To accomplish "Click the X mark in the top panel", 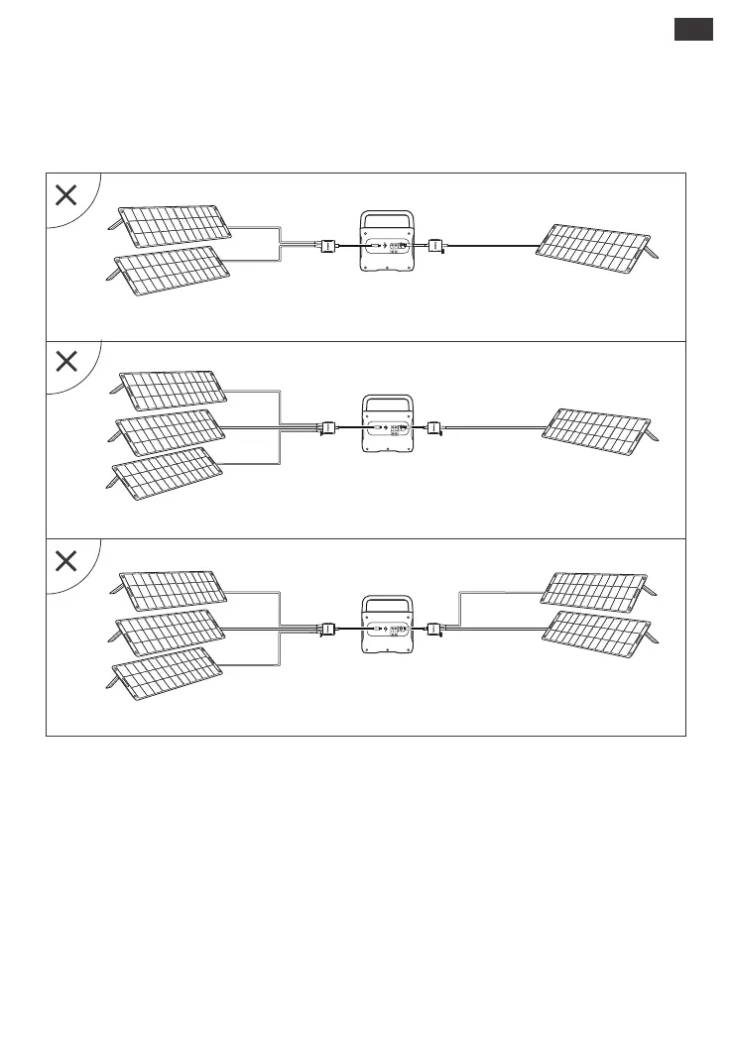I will click(66, 195).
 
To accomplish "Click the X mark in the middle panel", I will click(66, 362).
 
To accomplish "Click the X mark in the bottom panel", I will click(66, 561).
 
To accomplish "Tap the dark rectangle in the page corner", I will click(693, 30).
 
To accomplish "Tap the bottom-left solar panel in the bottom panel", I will click(167, 671).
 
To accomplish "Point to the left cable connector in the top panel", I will click(325, 245).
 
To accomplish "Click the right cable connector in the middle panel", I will click(433, 428).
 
